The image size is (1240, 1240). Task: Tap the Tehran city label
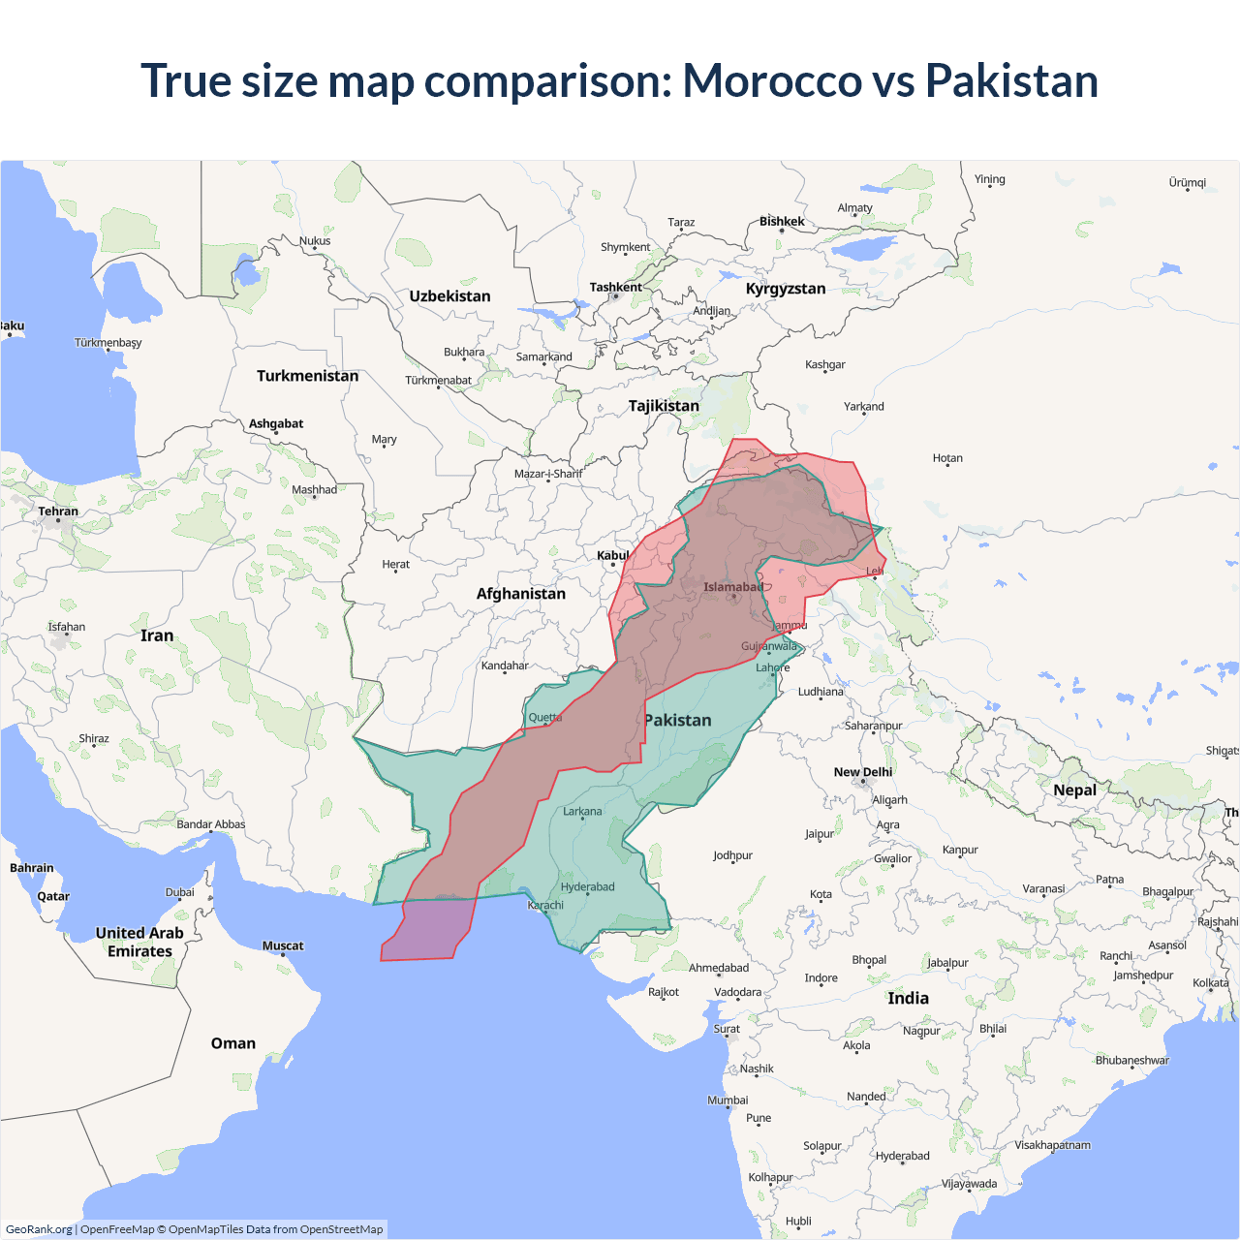click(x=58, y=511)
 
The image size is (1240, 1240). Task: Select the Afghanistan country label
click(x=520, y=594)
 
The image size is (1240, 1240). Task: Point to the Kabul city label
click(x=612, y=556)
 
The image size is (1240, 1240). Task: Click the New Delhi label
click(x=863, y=772)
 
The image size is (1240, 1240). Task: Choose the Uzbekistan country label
click(x=449, y=296)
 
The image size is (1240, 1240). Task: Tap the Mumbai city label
click(x=728, y=1100)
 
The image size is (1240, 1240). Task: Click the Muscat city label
click(x=283, y=946)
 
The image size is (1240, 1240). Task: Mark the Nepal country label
click(x=1074, y=790)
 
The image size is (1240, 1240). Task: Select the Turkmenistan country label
click(x=307, y=376)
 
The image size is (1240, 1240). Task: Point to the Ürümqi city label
click(x=1187, y=183)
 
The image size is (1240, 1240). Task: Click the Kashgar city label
click(x=824, y=365)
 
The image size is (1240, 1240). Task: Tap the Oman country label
click(x=233, y=1043)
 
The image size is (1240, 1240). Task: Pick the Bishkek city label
click(x=782, y=222)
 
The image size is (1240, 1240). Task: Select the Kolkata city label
click(x=1210, y=983)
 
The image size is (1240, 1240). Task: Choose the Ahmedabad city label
click(x=719, y=968)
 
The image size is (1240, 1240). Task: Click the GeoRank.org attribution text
click(x=39, y=1229)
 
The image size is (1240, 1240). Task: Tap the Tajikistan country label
click(x=664, y=406)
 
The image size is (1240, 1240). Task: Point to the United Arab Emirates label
click(x=139, y=942)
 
